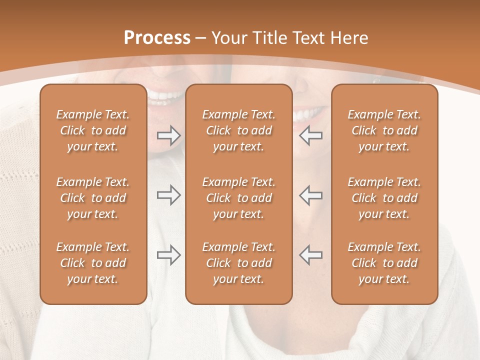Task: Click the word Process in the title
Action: tap(157, 38)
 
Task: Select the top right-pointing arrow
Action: tap(168, 135)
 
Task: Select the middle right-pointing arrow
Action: tap(168, 195)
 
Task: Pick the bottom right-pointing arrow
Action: tap(168, 255)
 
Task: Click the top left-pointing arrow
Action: tap(311, 135)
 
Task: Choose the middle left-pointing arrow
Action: tap(311, 195)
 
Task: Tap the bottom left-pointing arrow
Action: tap(311, 255)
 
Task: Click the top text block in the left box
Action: tap(93, 130)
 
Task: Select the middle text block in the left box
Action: tap(93, 198)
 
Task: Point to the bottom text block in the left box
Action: tap(93, 263)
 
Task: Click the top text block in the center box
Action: tap(239, 130)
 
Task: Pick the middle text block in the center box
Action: tap(239, 198)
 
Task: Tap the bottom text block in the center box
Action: tap(239, 263)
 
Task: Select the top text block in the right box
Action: tap(384, 130)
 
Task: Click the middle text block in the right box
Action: tap(384, 198)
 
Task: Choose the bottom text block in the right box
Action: tap(384, 263)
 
